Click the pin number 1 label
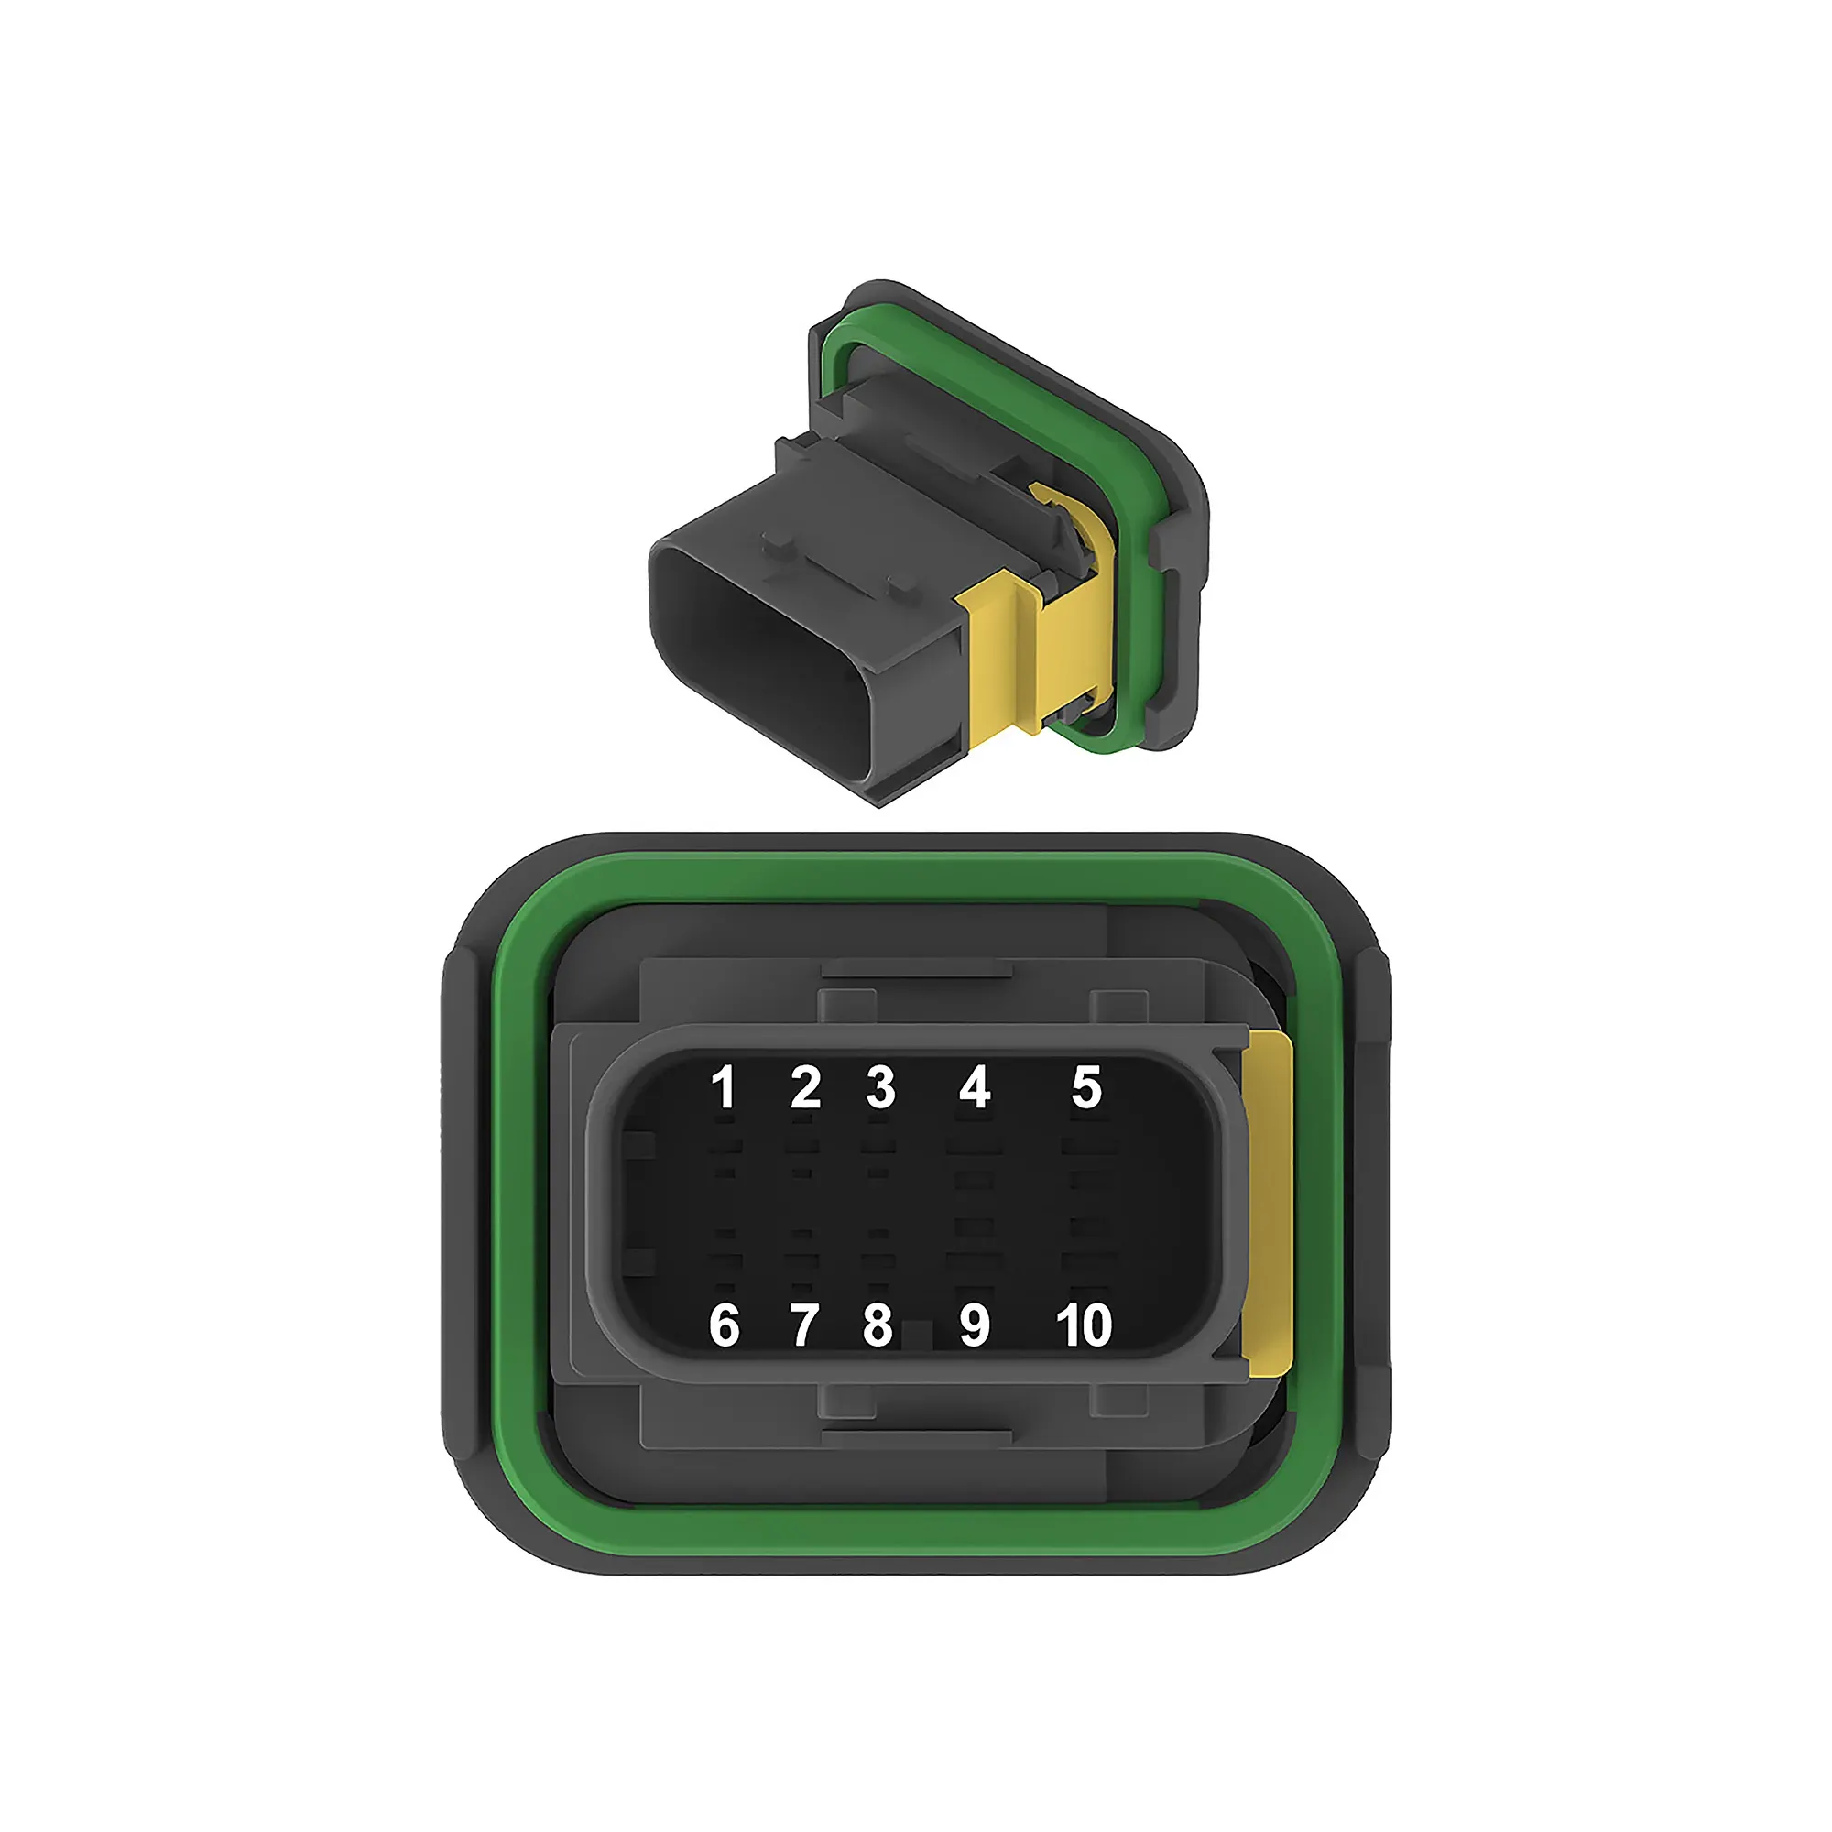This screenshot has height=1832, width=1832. (724, 1087)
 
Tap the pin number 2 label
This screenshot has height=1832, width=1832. (805, 1087)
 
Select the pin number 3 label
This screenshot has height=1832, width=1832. (880, 1087)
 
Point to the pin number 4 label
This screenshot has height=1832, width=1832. (975, 1087)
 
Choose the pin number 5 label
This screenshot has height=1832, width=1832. (1086, 1087)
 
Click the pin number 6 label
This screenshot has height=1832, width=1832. (724, 1325)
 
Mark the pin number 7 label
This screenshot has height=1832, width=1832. (804, 1325)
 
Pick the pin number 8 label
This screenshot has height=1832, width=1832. (878, 1325)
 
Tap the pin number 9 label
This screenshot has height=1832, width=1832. (975, 1325)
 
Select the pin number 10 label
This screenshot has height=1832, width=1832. (1084, 1325)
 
